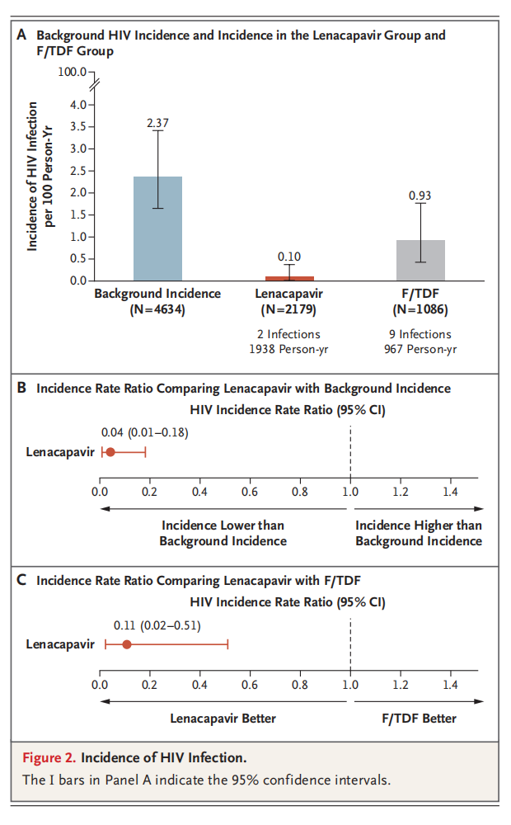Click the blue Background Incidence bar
pos(157,229)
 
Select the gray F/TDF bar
pos(420,260)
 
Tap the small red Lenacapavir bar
pos(289,279)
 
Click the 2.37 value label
pos(157,123)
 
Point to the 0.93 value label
pos(420,196)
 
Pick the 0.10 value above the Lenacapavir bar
pos(289,257)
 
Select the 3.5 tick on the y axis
pos(79,127)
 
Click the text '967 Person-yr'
pos(420,349)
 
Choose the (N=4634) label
pos(157,310)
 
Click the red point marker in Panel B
pos(110,452)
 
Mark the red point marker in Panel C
pos(127,643)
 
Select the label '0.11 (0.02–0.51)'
pos(151,625)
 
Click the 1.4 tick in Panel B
pos(450,493)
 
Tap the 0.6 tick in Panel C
pos(250,685)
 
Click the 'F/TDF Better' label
pos(419,719)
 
